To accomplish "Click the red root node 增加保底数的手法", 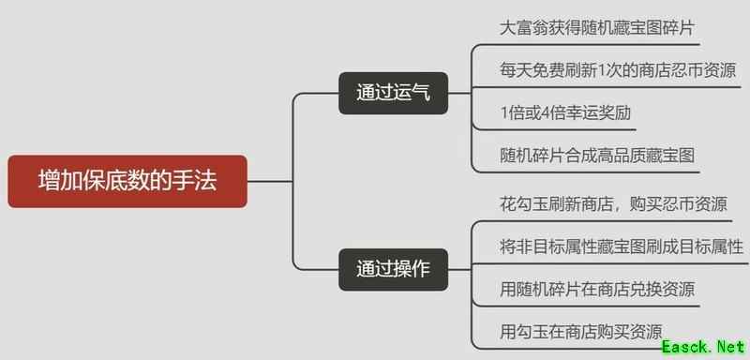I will (127, 181).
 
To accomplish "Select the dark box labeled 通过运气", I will (393, 93).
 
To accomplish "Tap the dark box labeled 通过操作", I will (393, 266).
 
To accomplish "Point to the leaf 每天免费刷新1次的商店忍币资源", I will (618, 69).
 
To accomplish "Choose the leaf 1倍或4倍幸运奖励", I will (564, 112).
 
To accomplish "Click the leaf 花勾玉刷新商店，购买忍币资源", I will (612, 204).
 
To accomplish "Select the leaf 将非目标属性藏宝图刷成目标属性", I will (622, 247).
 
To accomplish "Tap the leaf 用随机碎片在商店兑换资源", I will (597, 289).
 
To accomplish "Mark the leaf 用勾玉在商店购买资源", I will (581, 331).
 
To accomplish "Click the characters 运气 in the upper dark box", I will (411, 93).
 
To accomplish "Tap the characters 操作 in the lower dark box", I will (411, 266).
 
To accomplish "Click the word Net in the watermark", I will (726, 347).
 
